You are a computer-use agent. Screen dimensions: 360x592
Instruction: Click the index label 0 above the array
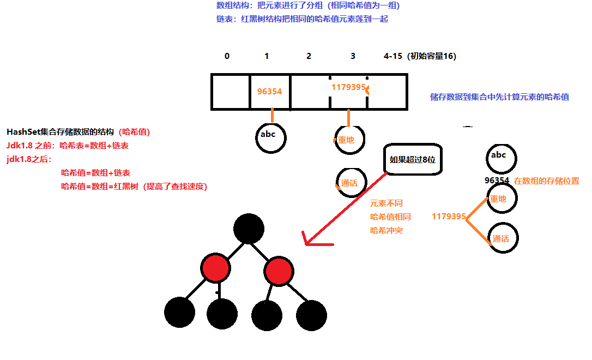(227, 56)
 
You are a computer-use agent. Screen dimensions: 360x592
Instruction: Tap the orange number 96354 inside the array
(269, 92)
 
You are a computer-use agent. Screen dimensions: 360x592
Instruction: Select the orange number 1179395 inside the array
(348, 87)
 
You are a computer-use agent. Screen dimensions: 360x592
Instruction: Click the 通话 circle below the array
(351, 182)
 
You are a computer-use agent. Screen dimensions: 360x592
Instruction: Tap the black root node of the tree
(249, 228)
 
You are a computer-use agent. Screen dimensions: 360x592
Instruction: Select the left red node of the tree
(216, 269)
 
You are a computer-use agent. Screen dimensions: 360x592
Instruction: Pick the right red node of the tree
(279, 270)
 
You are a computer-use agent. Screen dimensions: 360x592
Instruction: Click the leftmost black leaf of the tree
(179, 313)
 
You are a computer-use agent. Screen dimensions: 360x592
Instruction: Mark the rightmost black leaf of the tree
(311, 315)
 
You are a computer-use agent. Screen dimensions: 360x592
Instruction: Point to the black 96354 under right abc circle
(497, 181)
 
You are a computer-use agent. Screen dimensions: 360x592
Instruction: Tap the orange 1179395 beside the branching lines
(449, 217)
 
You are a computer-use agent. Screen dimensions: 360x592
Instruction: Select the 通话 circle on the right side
(503, 238)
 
